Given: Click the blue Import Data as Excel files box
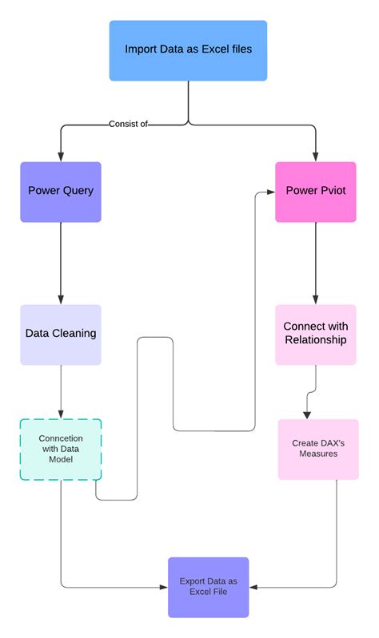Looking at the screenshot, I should [188, 50].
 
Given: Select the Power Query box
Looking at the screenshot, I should [61, 192].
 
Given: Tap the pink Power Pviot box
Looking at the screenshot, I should [316, 192].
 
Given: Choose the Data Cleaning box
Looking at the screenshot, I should [61, 334].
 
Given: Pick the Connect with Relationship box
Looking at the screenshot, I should [316, 334].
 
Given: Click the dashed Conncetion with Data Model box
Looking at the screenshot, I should [61, 449].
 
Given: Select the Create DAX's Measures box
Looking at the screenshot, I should [318, 449].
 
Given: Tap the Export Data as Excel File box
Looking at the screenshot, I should [208, 587].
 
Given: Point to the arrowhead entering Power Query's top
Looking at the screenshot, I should [61, 157].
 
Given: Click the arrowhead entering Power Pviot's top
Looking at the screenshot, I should [316, 157].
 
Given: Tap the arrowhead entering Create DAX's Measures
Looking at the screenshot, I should [306, 414].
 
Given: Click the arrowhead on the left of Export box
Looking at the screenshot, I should [163, 588].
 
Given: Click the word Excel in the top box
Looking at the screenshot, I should [213, 50].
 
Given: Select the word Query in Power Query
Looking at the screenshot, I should [78, 192].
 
